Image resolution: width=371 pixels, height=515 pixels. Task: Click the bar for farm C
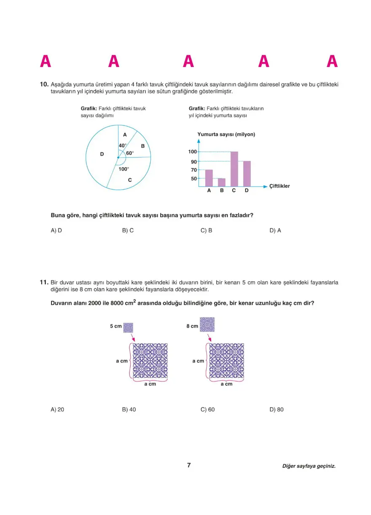click(x=234, y=169)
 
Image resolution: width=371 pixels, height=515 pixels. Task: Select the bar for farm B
click(x=221, y=182)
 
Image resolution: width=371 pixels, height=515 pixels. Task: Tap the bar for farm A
click(x=209, y=178)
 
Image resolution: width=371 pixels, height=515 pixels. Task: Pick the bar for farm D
click(x=247, y=173)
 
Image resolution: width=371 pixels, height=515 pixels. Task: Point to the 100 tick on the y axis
click(x=192, y=152)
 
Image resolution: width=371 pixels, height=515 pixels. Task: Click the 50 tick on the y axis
click(x=194, y=179)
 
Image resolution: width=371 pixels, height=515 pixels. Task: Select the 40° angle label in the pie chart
click(x=122, y=145)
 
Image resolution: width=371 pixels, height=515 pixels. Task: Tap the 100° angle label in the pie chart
click(x=124, y=169)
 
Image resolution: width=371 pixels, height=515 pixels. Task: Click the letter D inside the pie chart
click(x=102, y=155)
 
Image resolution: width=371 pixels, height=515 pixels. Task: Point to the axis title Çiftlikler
click(x=280, y=186)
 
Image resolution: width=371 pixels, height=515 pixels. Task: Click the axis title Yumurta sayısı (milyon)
click(x=226, y=135)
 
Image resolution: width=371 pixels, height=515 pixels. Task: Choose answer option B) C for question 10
click(x=128, y=230)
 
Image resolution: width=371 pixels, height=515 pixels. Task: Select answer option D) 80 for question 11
click(x=277, y=409)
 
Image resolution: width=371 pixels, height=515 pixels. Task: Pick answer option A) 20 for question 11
click(x=57, y=409)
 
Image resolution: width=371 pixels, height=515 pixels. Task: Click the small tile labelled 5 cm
click(x=128, y=328)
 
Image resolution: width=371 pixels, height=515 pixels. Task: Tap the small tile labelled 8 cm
click(x=207, y=325)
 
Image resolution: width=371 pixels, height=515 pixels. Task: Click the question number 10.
click(x=44, y=85)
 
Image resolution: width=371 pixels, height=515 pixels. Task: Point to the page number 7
click(x=189, y=465)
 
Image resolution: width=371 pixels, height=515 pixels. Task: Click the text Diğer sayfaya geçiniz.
click(x=309, y=466)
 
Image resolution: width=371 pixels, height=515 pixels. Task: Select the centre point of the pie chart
click(x=118, y=158)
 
